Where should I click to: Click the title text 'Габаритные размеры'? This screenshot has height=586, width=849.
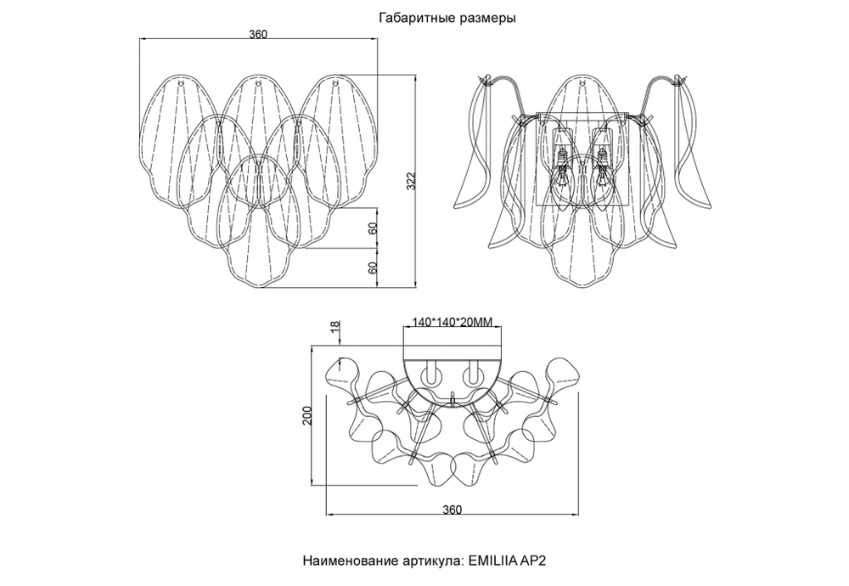click(x=446, y=17)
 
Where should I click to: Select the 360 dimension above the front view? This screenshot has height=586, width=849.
click(x=258, y=34)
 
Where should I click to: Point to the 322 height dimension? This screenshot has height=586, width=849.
click(x=410, y=181)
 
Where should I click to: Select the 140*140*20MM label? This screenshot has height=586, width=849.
click(x=452, y=323)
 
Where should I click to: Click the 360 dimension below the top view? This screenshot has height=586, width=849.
click(x=452, y=510)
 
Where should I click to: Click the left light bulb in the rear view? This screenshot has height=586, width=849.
click(x=561, y=170)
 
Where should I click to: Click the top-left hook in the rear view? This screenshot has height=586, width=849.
click(x=487, y=82)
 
